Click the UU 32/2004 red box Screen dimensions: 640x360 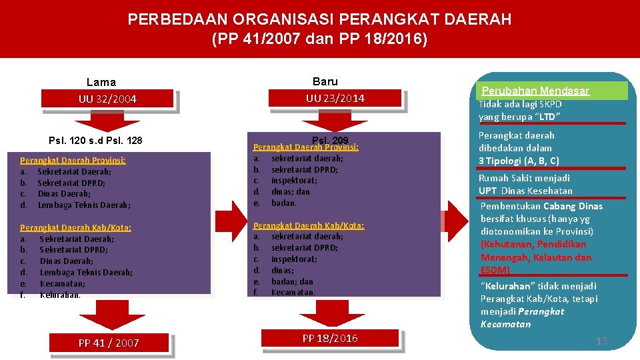107,99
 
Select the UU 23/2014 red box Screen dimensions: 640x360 335,98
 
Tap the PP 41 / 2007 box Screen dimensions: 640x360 109,343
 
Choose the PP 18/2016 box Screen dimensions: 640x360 330,339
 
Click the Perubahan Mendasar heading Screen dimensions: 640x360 535,91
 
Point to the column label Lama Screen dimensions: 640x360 101,83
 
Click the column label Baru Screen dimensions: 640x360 325,81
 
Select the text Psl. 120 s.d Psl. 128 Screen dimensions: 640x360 96,141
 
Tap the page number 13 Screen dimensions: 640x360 601,341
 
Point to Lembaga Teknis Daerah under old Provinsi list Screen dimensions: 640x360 84,205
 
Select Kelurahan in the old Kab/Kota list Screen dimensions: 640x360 60,295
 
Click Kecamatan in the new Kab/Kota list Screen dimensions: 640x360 293,292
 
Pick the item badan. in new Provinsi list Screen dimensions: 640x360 284,203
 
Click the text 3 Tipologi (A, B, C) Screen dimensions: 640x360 519,161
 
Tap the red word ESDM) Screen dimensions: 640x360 495,270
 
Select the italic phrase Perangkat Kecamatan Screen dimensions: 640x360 523,318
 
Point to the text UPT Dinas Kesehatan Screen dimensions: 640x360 525,191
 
